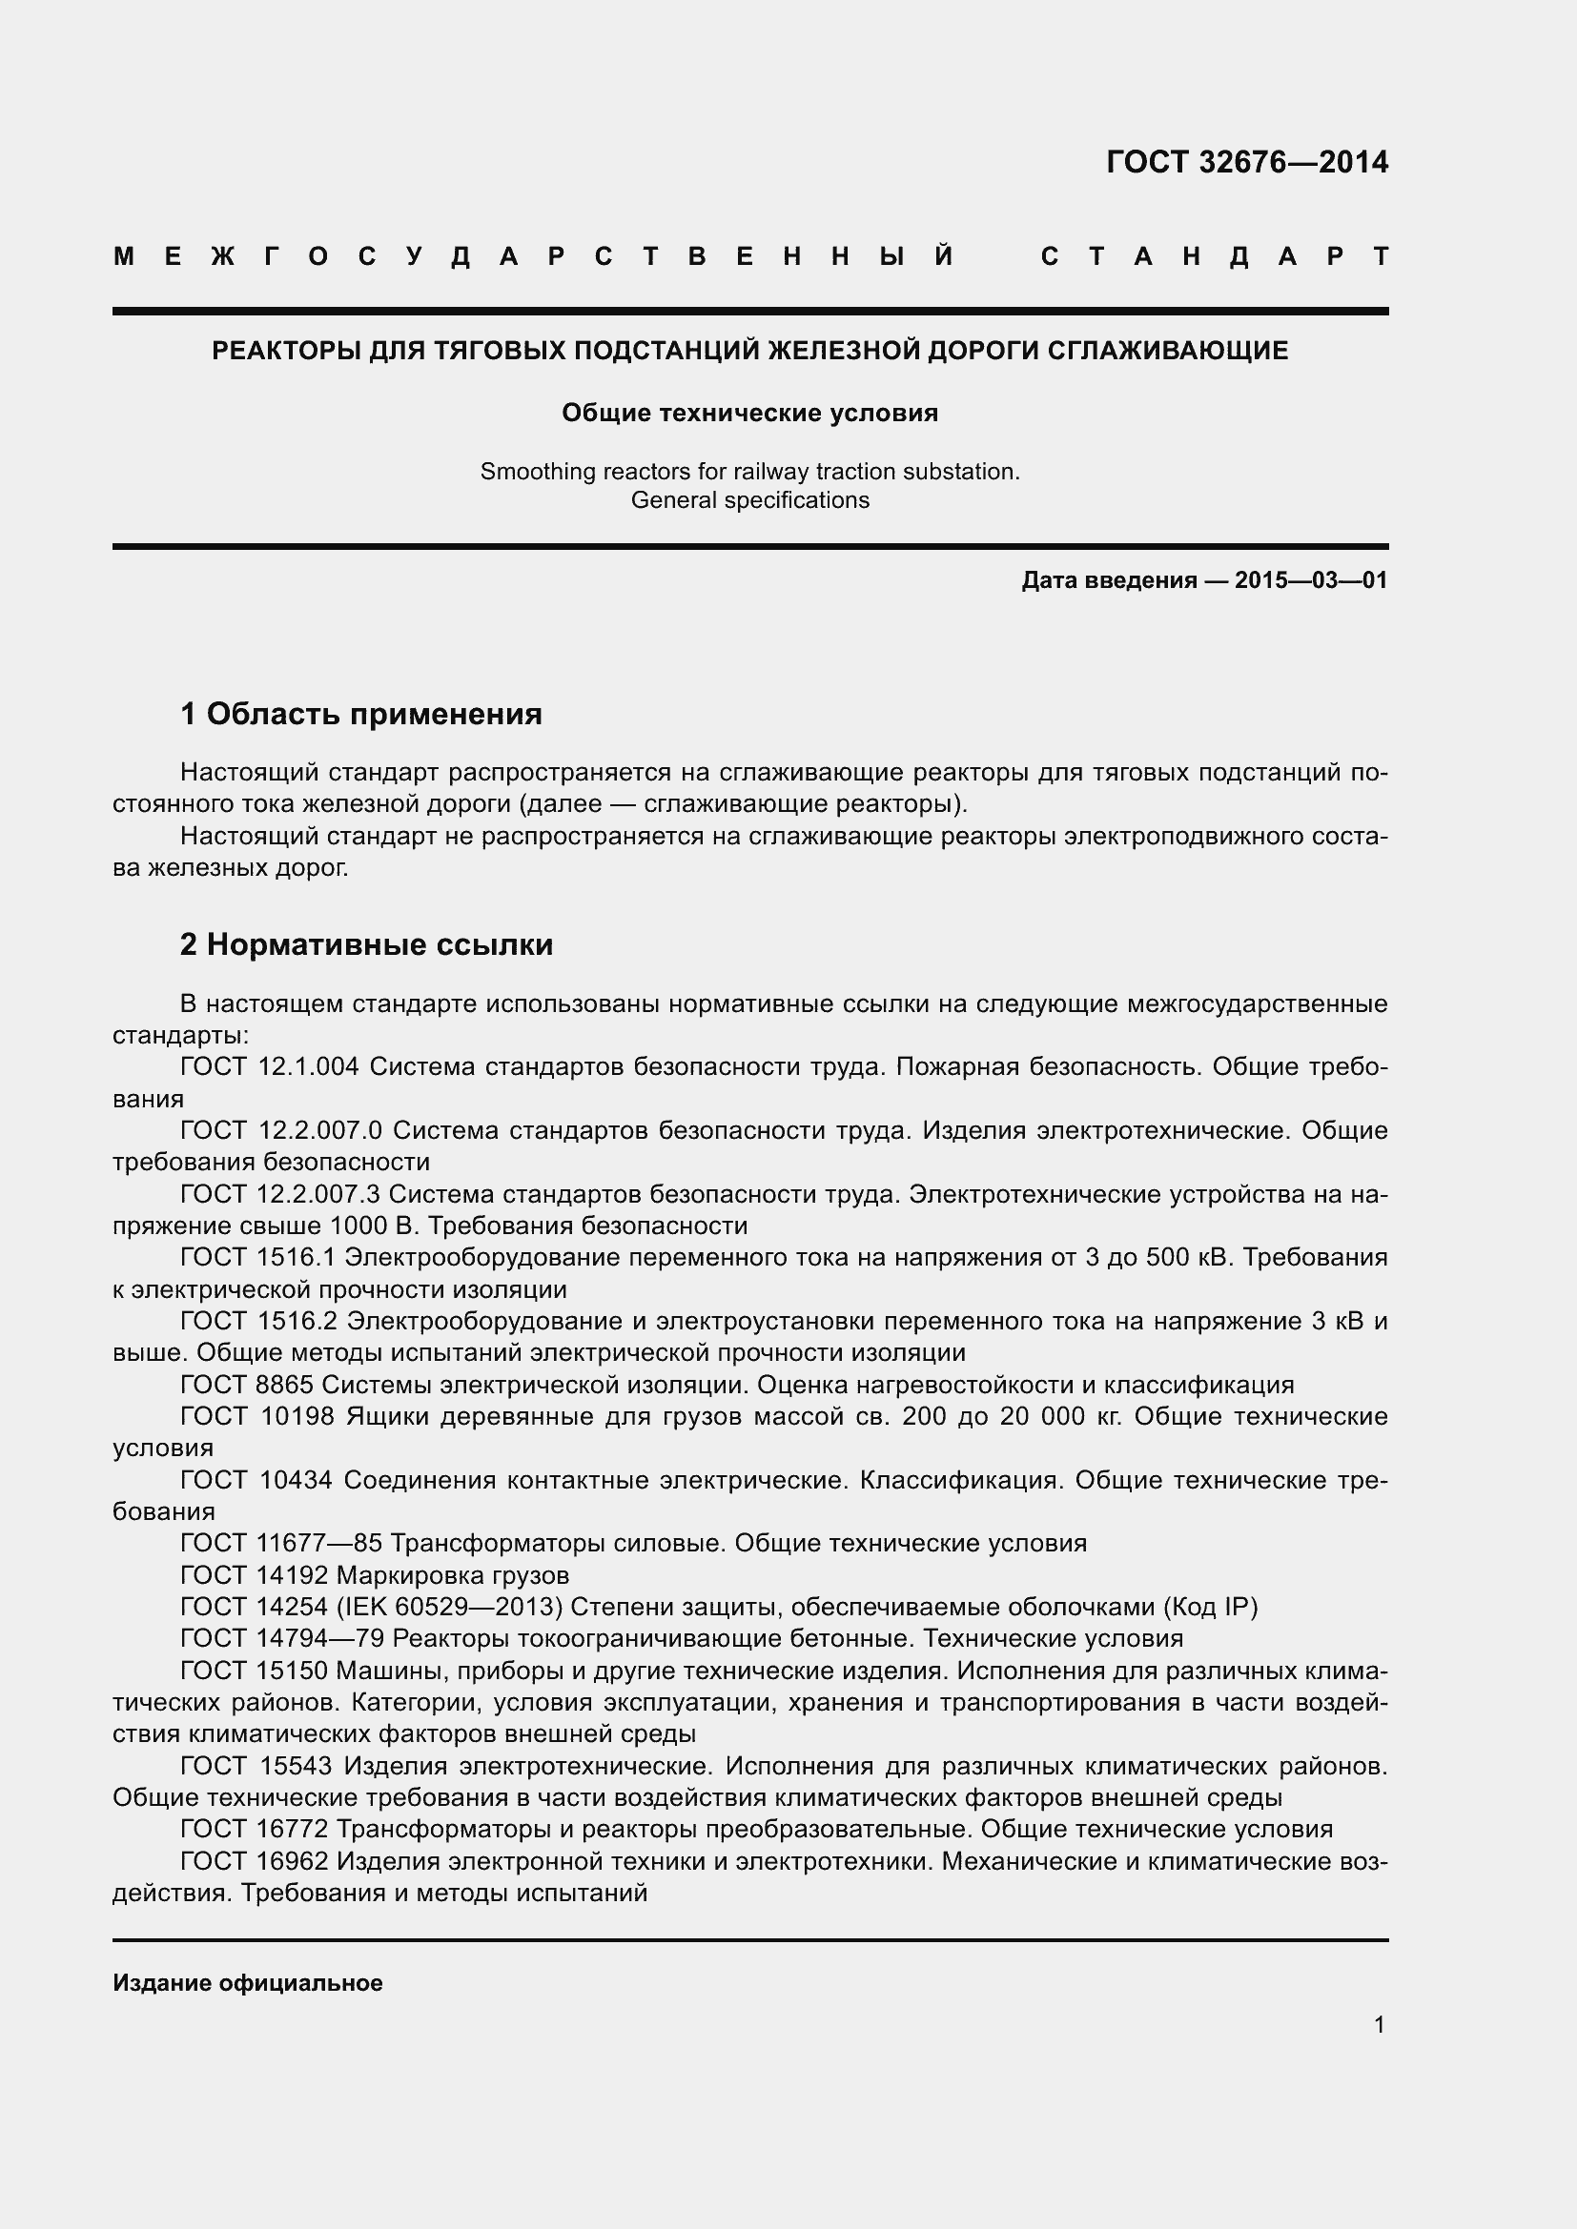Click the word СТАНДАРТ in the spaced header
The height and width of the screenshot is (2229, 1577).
point(1214,257)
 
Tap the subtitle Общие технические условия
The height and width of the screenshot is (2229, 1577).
point(749,414)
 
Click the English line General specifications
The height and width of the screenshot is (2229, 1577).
point(749,501)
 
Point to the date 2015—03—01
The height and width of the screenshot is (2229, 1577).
point(1311,581)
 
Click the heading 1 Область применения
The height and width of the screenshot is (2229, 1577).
point(360,715)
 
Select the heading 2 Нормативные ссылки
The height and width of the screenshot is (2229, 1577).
point(366,944)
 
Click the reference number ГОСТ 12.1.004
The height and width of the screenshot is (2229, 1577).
point(269,1067)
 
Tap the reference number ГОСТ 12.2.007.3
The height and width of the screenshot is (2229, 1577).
point(279,1194)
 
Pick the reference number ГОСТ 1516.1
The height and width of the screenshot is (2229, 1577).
point(257,1257)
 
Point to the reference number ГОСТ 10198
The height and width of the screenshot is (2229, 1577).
point(257,1416)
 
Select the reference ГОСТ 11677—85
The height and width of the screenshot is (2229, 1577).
point(281,1543)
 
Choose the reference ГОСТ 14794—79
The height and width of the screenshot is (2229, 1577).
point(281,1639)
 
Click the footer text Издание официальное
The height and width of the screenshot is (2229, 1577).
point(248,1983)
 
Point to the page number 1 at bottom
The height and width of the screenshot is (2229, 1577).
point(1379,2025)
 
